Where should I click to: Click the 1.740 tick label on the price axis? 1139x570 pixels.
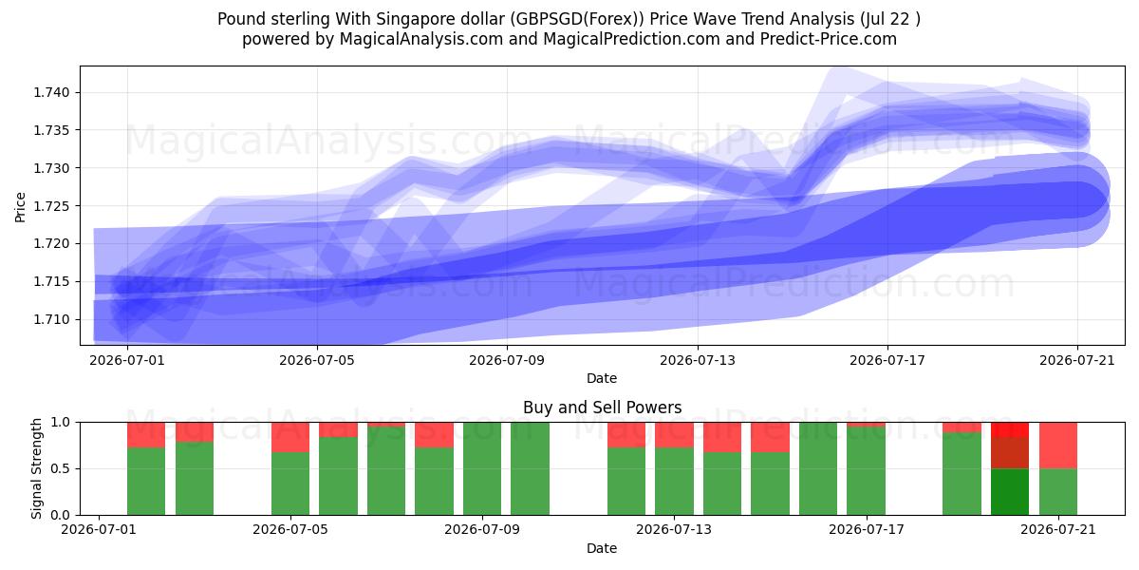coord(51,93)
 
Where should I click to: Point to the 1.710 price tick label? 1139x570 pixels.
coord(51,319)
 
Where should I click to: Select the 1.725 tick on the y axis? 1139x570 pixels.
coord(51,206)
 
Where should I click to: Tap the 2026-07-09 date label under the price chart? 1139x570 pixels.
coord(507,360)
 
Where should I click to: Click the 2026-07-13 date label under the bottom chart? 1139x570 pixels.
coord(674,529)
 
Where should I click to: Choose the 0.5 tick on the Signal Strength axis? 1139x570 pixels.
coord(60,468)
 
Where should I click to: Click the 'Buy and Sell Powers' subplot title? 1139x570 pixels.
coord(602,408)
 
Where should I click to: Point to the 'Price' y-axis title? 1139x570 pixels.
coord(20,207)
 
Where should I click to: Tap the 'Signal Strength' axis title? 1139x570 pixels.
coord(36,468)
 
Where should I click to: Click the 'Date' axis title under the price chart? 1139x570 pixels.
coord(602,378)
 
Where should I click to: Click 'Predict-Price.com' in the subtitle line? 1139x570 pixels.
coord(829,39)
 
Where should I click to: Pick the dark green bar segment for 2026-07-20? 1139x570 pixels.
coord(1010,492)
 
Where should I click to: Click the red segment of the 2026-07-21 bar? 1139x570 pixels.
coord(1058,446)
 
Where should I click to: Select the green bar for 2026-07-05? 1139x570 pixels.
coord(290,484)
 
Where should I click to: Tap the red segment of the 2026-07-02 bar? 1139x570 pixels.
coord(146,435)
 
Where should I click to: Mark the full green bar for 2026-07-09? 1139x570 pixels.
coord(482,468)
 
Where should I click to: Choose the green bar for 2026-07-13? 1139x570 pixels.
coord(674,482)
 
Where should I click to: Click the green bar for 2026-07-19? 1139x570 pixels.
coord(962,474)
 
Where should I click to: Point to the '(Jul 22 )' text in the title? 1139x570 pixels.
coord(890,19)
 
